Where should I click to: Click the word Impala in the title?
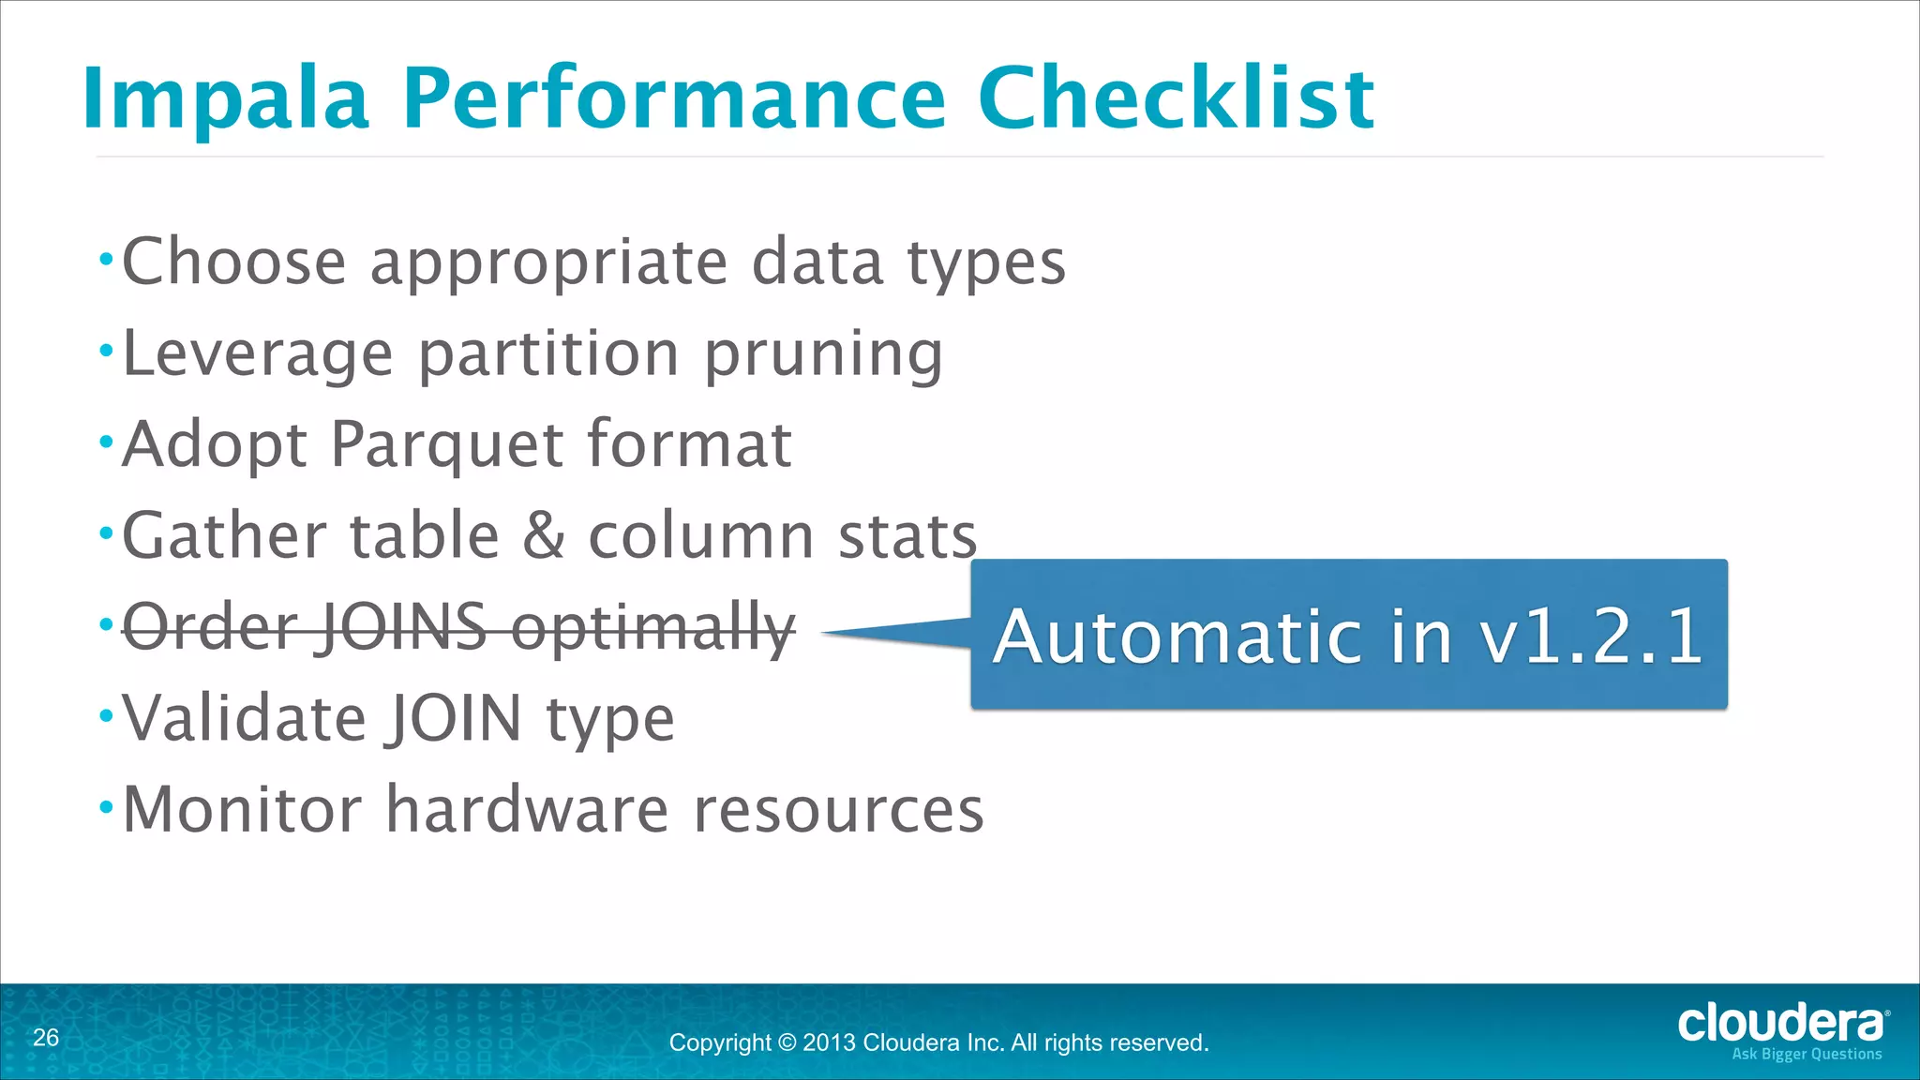click(x=225, y=99)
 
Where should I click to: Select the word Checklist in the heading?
click(x=1176, y=97)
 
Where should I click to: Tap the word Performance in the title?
click(x=674, y=99)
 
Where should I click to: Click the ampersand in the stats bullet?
click(x=544, y=536)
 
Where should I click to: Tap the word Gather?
click(x=225, y=536)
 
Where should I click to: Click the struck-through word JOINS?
click(x=403, y=626)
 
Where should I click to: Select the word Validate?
click(x=244, y=718)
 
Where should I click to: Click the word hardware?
click(x=527, y=809)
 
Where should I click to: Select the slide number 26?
click(x=45, y=1038)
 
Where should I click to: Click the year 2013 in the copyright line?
click(x=829, y=1042)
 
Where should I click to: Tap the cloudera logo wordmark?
click(x=1779, y=1023)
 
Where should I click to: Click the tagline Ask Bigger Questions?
click(x=1806, y=1055)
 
